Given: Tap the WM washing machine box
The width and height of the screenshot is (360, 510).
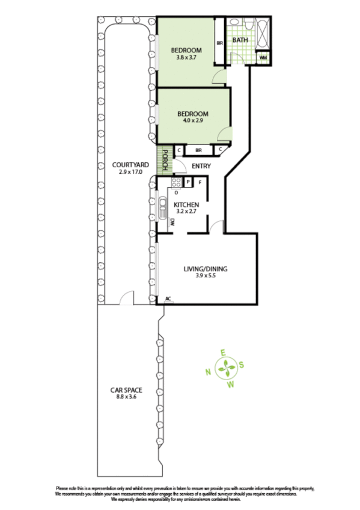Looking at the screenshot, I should coord(263,58).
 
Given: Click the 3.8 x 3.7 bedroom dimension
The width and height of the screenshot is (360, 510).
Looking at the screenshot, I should coord(186,58).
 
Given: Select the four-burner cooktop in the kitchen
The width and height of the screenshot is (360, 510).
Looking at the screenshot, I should coord(176,183).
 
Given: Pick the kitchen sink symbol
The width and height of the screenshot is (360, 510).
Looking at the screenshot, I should coord(162,209).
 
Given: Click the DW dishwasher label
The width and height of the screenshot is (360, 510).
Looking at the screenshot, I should coord(172,223).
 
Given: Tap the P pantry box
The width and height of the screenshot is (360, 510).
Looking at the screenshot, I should coord(188,182).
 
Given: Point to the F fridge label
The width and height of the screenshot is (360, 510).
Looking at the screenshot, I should coord(200,182).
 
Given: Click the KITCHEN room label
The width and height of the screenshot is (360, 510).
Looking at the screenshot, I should coord(186,204).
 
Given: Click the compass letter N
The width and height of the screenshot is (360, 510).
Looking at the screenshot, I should coord(208,372).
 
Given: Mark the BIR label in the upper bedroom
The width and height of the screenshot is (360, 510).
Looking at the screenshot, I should coord(219,43).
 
